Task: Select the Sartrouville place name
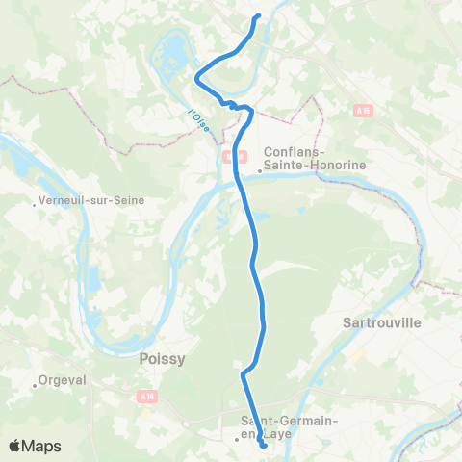pos(382,323)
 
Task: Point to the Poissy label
pos(162,358)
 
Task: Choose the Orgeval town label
pos(64,380)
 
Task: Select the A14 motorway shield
pos(145,396)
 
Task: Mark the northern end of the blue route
pos(258,16)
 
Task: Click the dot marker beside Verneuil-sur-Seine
pos(35,202)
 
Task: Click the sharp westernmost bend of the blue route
pos(196,75)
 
